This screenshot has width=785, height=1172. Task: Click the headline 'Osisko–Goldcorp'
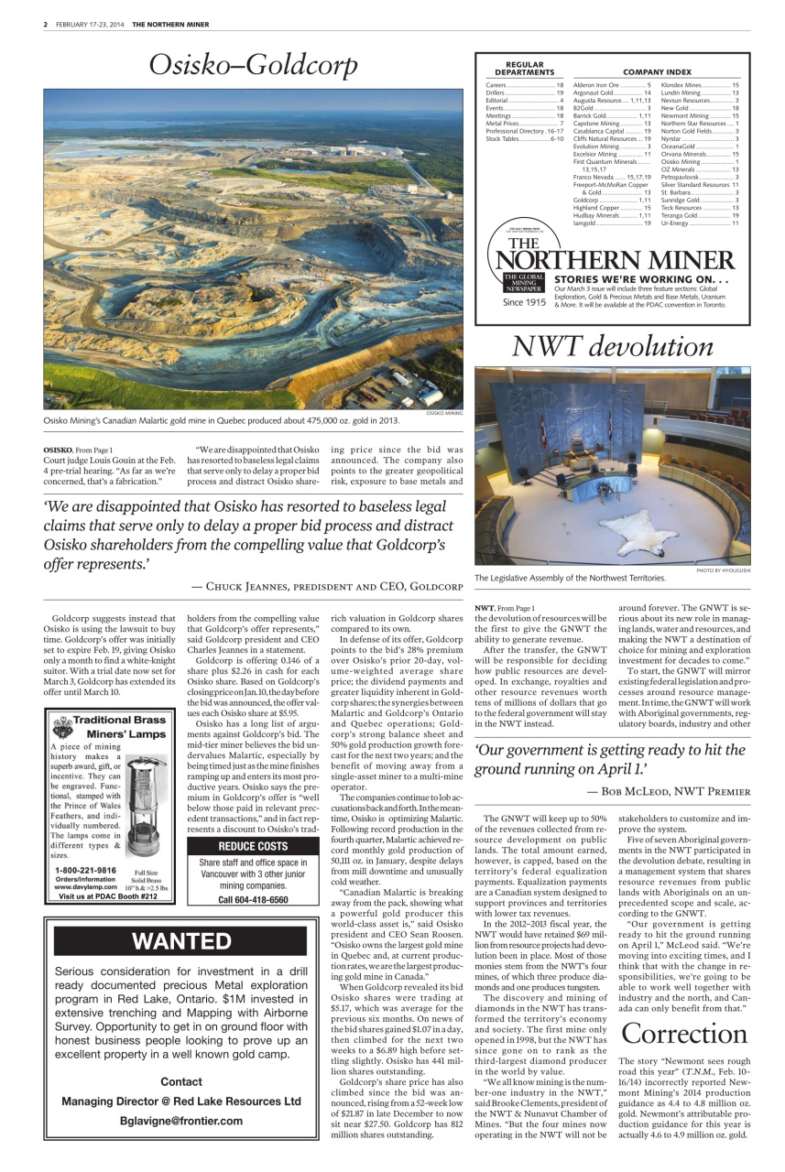[253, 65]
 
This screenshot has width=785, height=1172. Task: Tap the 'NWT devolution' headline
[613, 346]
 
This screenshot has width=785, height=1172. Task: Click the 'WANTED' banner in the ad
[180, 940]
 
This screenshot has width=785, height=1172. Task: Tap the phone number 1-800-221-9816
[85, 870]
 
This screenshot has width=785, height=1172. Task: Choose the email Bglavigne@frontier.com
[180, 1121]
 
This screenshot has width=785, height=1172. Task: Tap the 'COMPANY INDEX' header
[657, 71]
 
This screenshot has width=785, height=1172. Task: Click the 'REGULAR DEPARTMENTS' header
[524, 68]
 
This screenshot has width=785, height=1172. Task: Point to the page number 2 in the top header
[45, 25]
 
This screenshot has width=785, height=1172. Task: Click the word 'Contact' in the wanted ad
[180, 1081]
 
